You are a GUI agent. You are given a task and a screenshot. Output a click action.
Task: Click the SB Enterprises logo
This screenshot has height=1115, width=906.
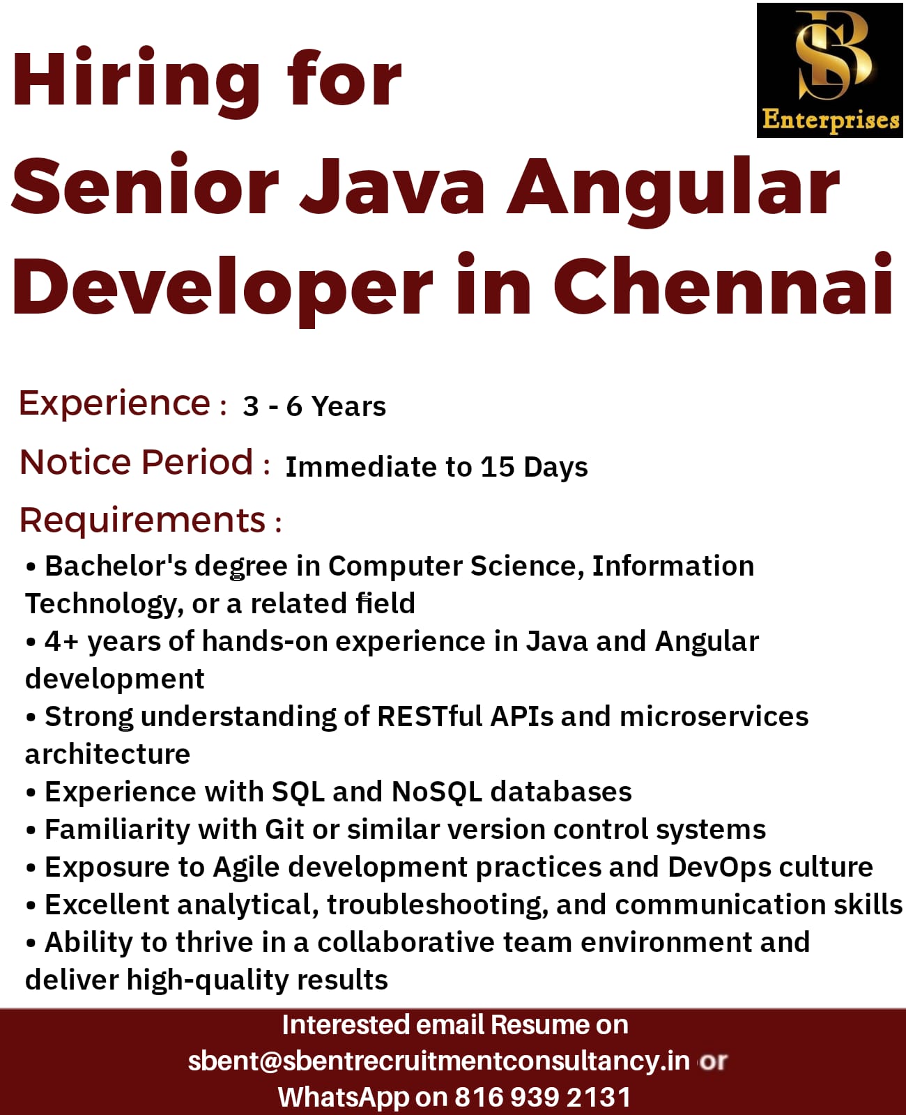click(830, 70)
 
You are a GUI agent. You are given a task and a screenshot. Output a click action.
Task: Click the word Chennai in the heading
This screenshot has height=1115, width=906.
click(723, 286)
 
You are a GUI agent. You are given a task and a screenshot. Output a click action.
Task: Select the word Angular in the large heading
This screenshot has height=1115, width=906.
click(673, 188)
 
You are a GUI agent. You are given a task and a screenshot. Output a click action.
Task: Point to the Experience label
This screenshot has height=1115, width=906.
click(114, 403)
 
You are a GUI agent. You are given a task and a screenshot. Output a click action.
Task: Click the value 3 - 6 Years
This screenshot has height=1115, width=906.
click(314, 406)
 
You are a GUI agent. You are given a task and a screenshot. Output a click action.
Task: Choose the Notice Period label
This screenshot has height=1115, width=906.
click(136, 462)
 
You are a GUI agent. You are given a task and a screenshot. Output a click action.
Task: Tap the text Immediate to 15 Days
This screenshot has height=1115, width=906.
click(436, 468)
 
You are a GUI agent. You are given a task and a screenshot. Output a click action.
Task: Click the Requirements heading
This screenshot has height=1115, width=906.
click(143, 521)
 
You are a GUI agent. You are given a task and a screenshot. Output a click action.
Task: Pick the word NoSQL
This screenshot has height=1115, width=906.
click(436, 792)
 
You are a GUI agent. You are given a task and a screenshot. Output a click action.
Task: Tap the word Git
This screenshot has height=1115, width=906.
click(284, 830)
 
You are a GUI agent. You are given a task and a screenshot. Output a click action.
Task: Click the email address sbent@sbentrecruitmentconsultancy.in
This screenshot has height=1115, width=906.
click(439, 1061)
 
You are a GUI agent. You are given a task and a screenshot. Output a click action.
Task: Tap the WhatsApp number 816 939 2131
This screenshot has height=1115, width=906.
click(542, 1098)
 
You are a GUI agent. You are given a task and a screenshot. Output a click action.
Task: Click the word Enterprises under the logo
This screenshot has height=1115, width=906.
click(831, 120)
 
